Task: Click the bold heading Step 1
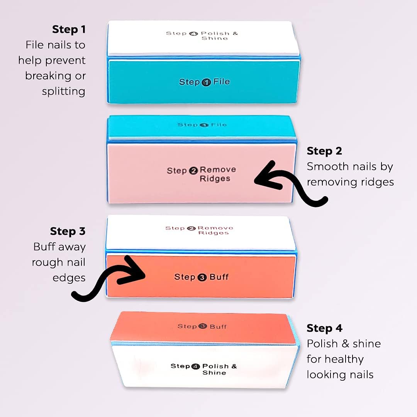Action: (69, 29)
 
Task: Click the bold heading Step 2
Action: (324, 151)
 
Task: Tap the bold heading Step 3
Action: (68, 231)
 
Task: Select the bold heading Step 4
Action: (324, 328)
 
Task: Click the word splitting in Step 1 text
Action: (63, 92)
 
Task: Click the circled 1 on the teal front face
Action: (206, 82)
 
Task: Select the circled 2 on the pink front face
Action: (193, 171)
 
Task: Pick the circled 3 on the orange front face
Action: (202, 277)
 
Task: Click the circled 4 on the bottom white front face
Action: (197, 366)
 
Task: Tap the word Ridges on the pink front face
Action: (215, 179)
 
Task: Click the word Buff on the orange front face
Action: (219, 277)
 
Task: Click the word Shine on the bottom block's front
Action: (214, 373)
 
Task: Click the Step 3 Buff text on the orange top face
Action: (202, 327)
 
